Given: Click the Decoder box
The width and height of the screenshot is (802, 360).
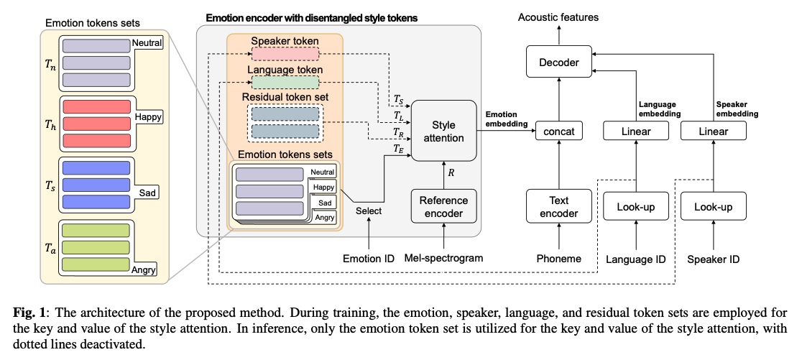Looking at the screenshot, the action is tap(559, 63).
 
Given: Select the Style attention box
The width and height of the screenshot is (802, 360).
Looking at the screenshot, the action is tap(444, 131).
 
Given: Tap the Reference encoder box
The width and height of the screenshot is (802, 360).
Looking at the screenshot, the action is tap(443, 207).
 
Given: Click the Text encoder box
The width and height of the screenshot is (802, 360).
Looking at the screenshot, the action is tap(559, 207).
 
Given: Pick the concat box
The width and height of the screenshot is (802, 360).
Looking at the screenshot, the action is tap(559, 131).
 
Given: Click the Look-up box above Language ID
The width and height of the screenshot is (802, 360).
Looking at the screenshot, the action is tap(636, 207).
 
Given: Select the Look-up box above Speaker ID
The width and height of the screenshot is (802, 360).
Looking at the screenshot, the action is tap(714, 207).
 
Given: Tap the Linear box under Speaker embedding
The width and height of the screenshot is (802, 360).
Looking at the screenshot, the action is tap(714, 131).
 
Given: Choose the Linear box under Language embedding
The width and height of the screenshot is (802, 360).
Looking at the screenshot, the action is tap(636, 131).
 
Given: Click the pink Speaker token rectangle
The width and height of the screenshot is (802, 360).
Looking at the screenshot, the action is tap(285, 54).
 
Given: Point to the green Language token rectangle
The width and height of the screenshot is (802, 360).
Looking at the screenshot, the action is tap(285, 83).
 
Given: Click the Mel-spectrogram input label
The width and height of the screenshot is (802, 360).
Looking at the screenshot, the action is tap(443, 258).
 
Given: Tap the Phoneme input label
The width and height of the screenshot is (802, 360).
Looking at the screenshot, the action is tap(559, 259).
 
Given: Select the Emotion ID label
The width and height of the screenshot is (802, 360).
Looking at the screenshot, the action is tap(369, 259).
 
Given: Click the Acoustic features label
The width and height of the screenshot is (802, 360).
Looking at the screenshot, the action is tap(558, 17).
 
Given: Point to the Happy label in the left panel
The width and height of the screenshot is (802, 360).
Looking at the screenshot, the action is tap(148, 116).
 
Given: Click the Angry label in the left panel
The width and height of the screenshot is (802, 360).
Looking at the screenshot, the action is tap(143, 269).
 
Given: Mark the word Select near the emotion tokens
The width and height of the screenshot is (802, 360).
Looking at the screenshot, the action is tap(369, 211).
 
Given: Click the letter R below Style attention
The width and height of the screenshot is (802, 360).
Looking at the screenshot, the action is tap(451, 172).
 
